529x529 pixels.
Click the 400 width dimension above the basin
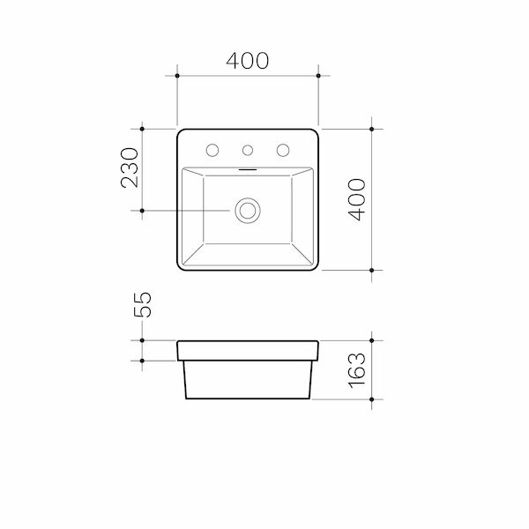pos(248,61)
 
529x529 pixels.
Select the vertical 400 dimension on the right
pos(356,198)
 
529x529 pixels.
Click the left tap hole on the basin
pos(213,149)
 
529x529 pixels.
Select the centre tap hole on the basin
pos(249,149)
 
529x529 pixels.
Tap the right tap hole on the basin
pos(283,149)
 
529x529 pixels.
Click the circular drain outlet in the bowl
pos(248,211)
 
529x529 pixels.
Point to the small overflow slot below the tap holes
pos(248,167)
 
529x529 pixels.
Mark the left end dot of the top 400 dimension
pos(177,78)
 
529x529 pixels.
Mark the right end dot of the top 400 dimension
pos(318,78)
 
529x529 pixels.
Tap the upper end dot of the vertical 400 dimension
pos(374,129)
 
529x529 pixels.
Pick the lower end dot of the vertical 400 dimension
pos(374,270)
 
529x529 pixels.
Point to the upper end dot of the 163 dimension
pos(374,340)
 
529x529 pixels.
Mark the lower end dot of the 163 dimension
pos(374,399)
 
